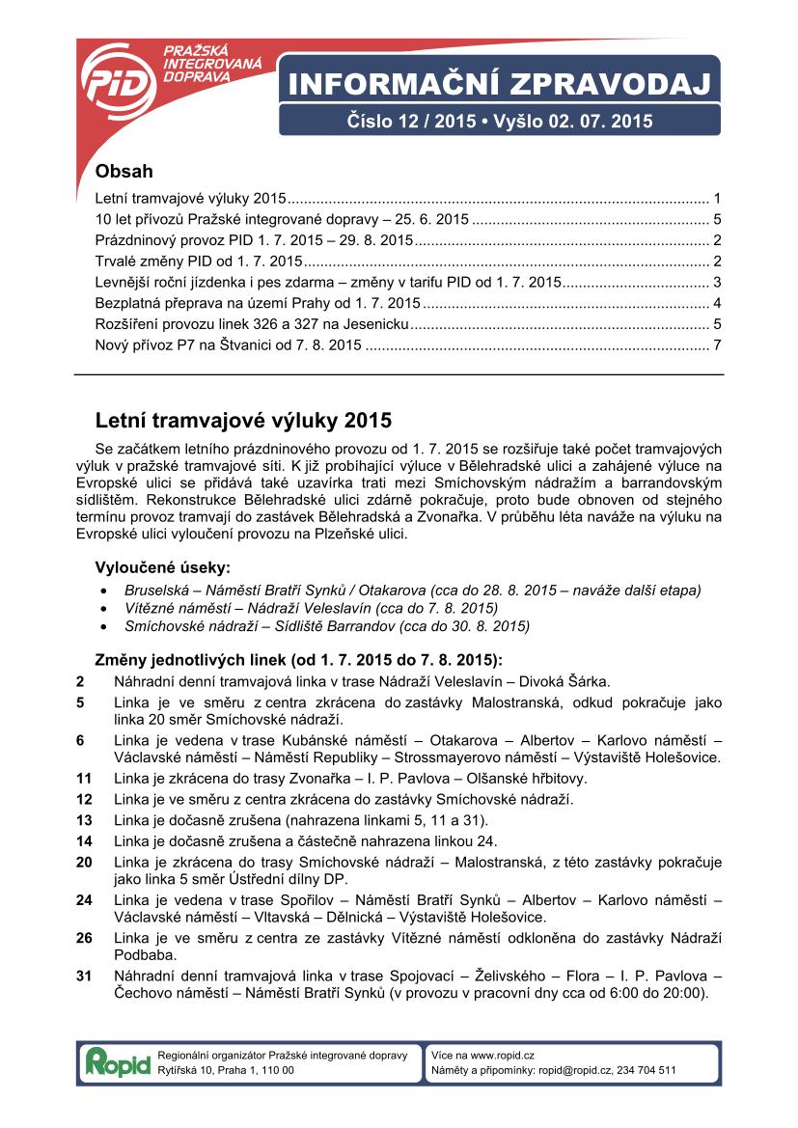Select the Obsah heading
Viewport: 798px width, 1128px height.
click(x=124, y=172)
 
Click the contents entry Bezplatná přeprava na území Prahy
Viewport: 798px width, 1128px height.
click(x=258, y=303)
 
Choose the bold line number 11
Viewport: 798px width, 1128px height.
click(x=84, y=778)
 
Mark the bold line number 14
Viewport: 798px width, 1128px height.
click(x=84, y=839)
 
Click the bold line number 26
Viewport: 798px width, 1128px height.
click(x=84, y=939)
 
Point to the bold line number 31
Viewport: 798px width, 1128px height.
click(x=84, y=977)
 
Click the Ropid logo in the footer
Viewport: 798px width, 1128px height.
click(x=118, y=1062)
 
